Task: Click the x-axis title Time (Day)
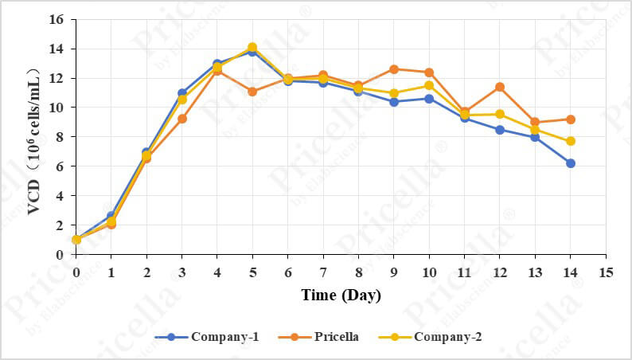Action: point(341,295)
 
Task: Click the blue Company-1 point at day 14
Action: point(571,163)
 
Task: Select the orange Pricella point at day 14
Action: point(571,119)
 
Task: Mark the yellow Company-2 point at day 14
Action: point(571,141)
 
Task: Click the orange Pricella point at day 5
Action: point(252,92)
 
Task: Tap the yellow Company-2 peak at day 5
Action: point(252,47)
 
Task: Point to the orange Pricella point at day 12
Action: point(500,87)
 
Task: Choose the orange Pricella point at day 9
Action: point(394,69)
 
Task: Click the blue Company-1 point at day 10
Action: point(429,99)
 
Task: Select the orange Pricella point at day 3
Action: point(181,119)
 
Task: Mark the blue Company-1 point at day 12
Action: point(500,129)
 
